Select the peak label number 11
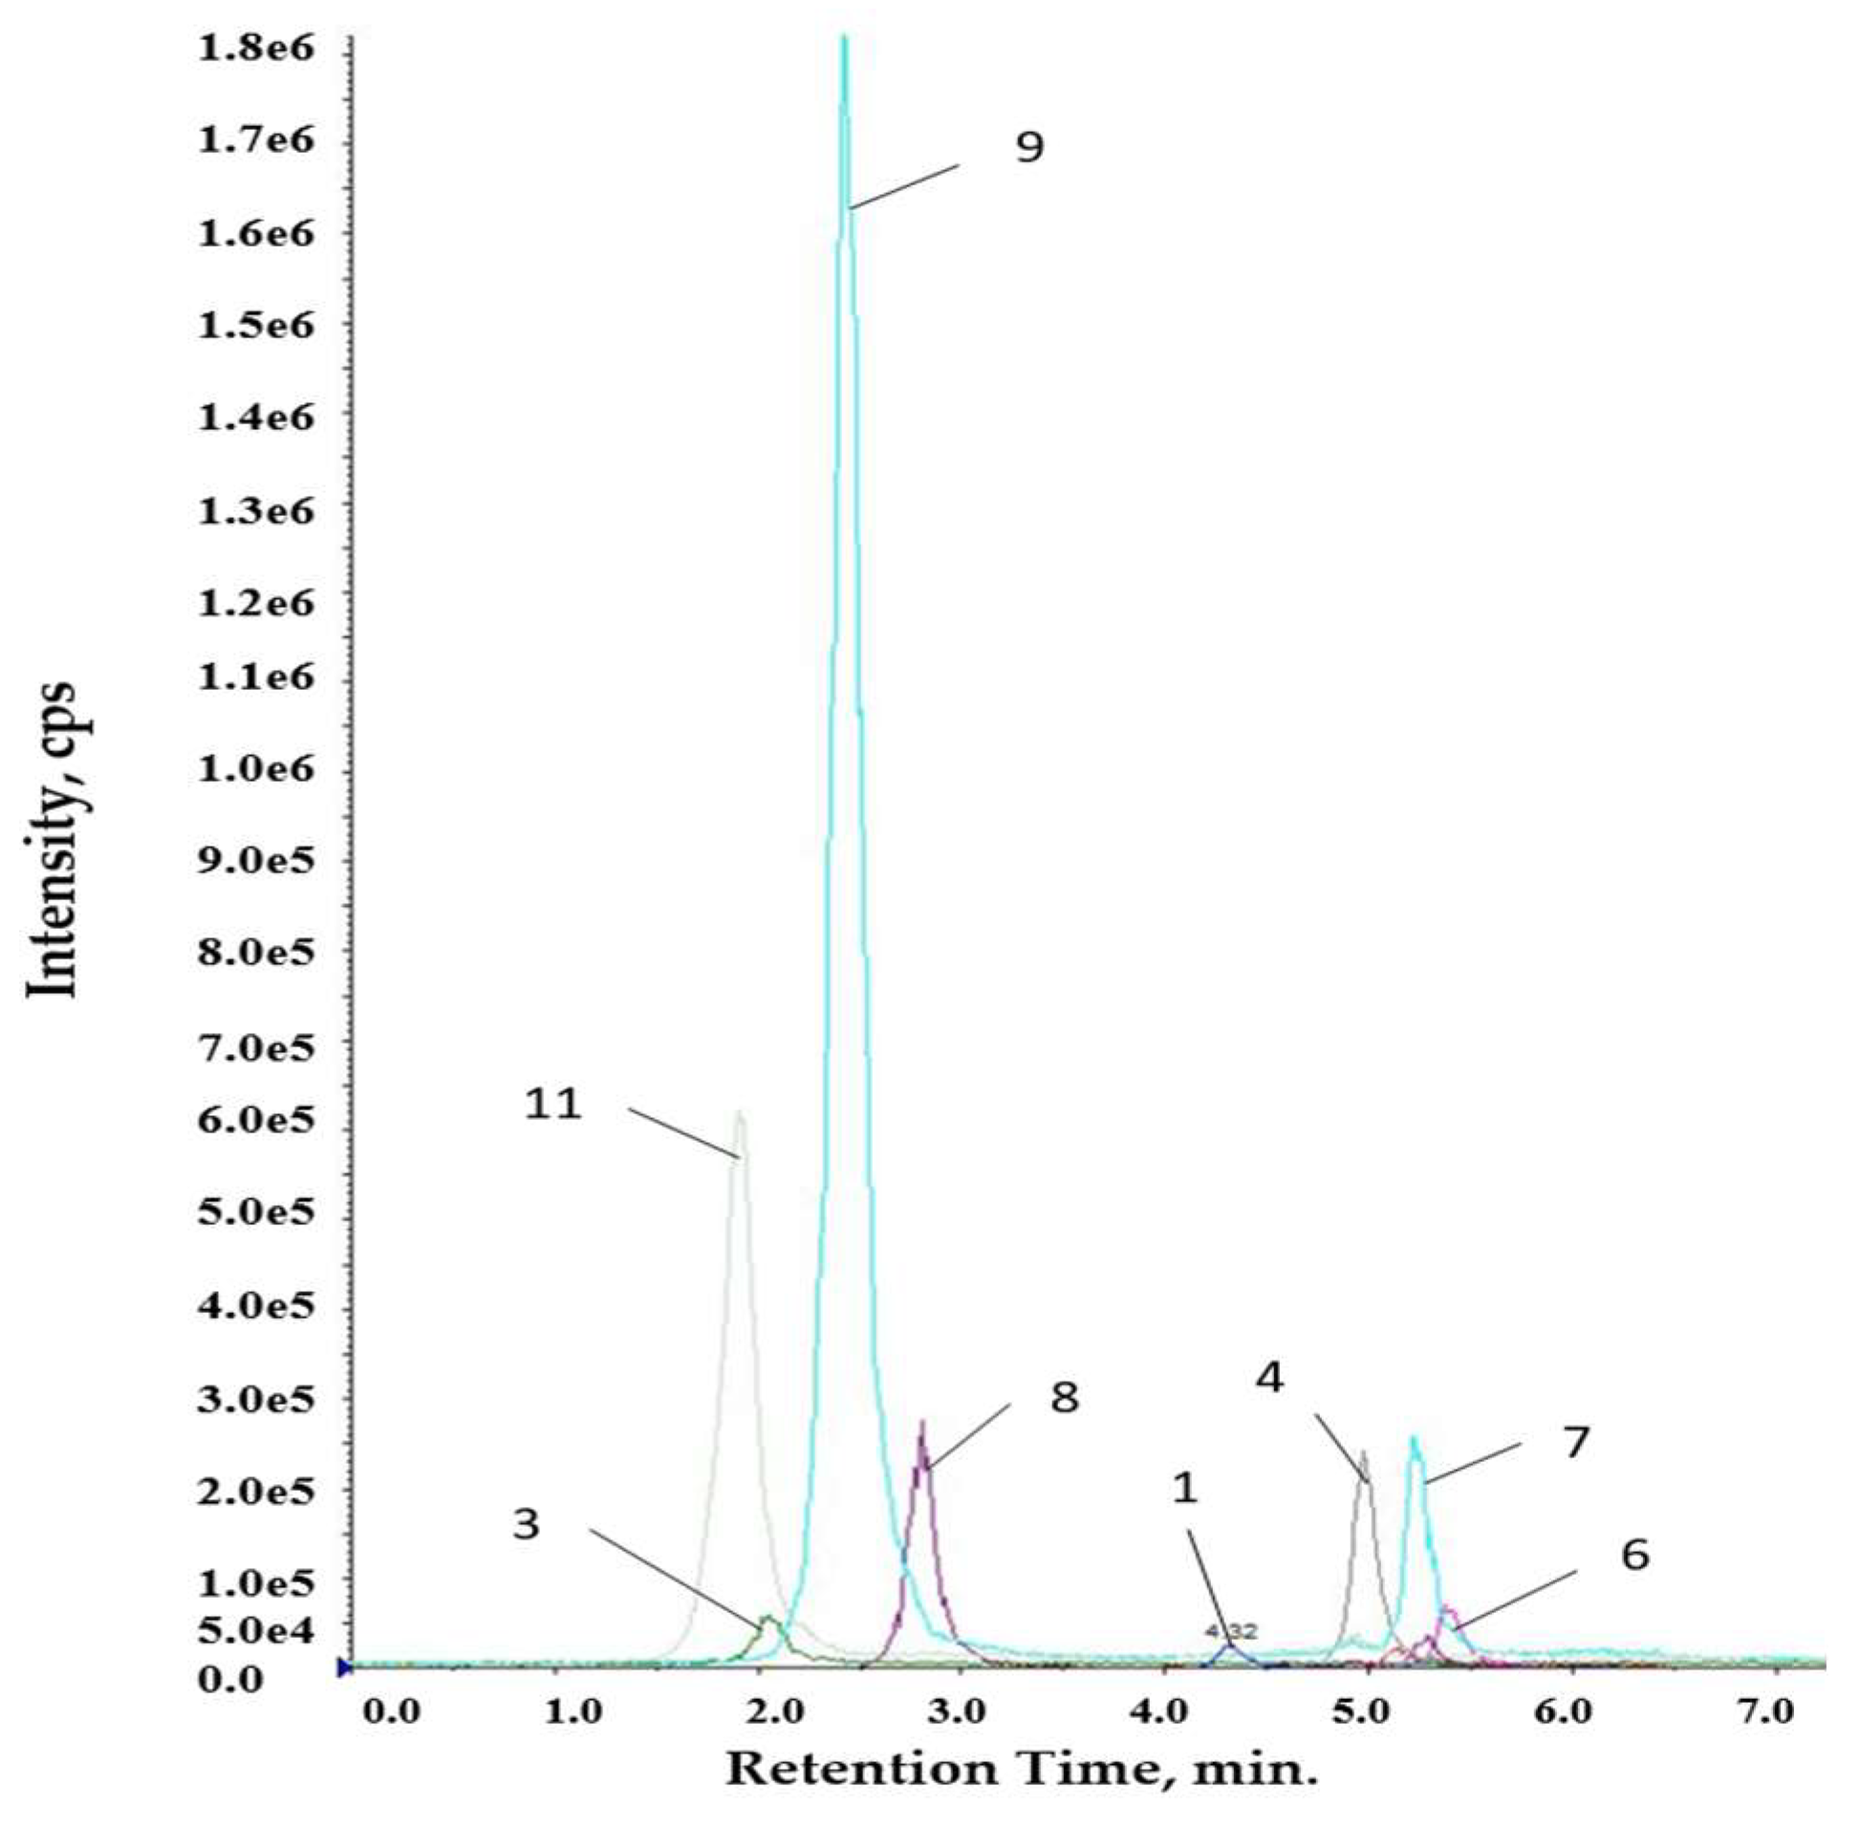click(x=553, y=1104)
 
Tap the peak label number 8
click(x=1064, y=1397)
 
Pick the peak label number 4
click(x=1269, y=1378)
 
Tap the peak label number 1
click(x=1186, y=1488)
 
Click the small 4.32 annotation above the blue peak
click(x=1231, y=1631)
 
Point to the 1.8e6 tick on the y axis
click(x=255, y=48)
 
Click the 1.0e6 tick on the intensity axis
click(x=255, y=770)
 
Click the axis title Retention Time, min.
click(x=1021, y=1769)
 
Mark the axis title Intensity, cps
click(x=50, y=840)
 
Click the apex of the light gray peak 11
click(x=739, y=1113)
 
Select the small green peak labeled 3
click(x=768, y=1620)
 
